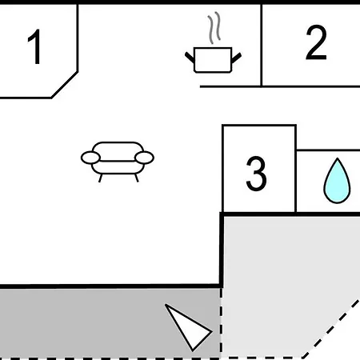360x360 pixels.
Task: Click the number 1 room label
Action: pyautogui.click(x=35, y=46)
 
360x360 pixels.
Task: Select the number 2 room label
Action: pyautogui.click(x=316, y=42)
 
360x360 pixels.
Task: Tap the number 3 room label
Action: pyautogui.click(x=256, y=174)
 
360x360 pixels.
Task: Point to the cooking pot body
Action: pyautogui.click(x=213, y=60)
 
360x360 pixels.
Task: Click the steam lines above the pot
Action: pyautogui.click(x=214, y=28)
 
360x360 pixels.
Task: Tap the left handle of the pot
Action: pyautogui.click(x=190, y=58)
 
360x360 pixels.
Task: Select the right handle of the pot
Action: pyautogui.click(x=237, y=58)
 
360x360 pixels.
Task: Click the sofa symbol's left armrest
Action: pyautogui.click(x=90, y=158)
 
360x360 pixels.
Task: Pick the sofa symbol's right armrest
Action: pyautogui.click(x=144, y=158)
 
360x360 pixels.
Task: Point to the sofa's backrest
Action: pyautogui.click(x=118, y=151)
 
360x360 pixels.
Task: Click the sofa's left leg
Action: pyautogui.click(x=100, y=178)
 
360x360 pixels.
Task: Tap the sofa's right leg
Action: pyautogui.click(x=137, y=178)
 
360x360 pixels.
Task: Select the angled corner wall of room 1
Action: pyautogui.click(x=64, y=85)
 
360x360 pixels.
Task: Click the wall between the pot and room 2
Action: pyautogui.click(x=261, y=46)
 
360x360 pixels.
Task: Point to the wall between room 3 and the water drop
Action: pyautogui.click(x=296, y=169)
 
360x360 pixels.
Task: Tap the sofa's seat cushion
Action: pyautogui.click(x=118, y=167)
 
